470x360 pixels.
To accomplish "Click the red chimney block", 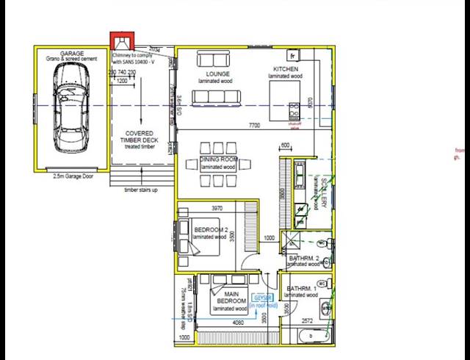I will [122, 41].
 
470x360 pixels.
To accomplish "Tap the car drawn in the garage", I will [70, 104].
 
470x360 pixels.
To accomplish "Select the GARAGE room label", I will [72, 54].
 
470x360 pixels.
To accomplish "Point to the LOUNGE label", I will [220, 74].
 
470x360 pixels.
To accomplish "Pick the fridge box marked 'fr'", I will [293, 56].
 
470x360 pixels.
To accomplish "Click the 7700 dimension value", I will [255, 126].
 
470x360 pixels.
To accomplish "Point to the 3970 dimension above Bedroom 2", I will [217, 209].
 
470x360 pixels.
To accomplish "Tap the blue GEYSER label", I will [262, 297].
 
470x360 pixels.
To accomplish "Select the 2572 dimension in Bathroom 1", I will [308, 321].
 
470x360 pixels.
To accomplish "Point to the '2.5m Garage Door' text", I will [72, 176].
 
